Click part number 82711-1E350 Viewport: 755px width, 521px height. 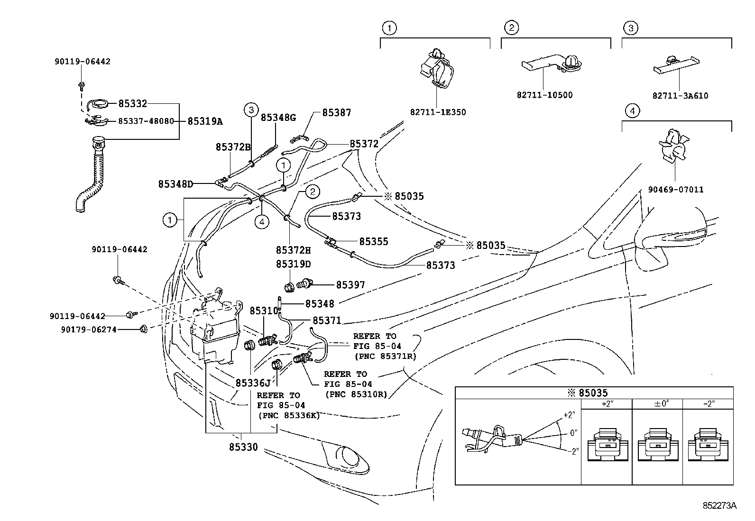tap(438, 112)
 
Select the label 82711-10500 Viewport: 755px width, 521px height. tap(544, 95)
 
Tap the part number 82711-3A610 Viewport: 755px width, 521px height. tap(680, 96)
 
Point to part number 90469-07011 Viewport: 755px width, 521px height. tap(676, 190)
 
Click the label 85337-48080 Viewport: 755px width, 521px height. tap(145, 121)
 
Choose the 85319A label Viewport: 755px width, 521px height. tap(205, 121)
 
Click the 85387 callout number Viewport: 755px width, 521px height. tap(336, 113)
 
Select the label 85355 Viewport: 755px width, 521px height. tap(373, 241)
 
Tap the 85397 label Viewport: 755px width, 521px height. tap(350, 285)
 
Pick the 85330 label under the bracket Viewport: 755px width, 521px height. tap(243, 447)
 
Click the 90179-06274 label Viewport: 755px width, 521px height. tap(83, 329)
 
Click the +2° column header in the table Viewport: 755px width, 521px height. tap(607, 404)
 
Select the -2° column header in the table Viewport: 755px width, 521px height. tap(708, 404)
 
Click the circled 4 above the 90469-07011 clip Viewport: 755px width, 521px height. tap(632, 111)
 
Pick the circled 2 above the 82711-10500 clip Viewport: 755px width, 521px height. tap(511, 28)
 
